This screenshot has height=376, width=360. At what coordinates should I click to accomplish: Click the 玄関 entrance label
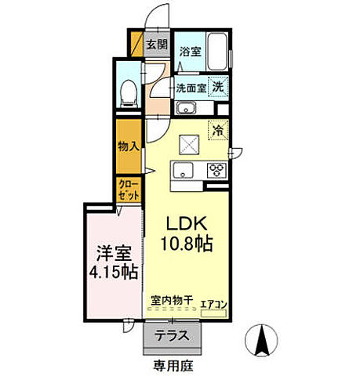pyautogui.click(x=157, y=44)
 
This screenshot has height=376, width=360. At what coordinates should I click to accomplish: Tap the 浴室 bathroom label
pyautogui.click(x=189, y=52)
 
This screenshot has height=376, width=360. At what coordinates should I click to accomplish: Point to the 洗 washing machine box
pyautogui.click(x=220, y=87)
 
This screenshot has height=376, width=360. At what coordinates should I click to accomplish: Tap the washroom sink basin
pyautogui.click(x=186, y=108)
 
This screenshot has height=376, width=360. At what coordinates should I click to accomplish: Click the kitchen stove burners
pyautogui.click(x=216, y=170)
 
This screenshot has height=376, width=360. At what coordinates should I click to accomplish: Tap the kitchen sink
pyautogui.click(x=182, y=170)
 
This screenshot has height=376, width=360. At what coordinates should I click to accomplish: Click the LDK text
pyautogui.click(x=185, y=223)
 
